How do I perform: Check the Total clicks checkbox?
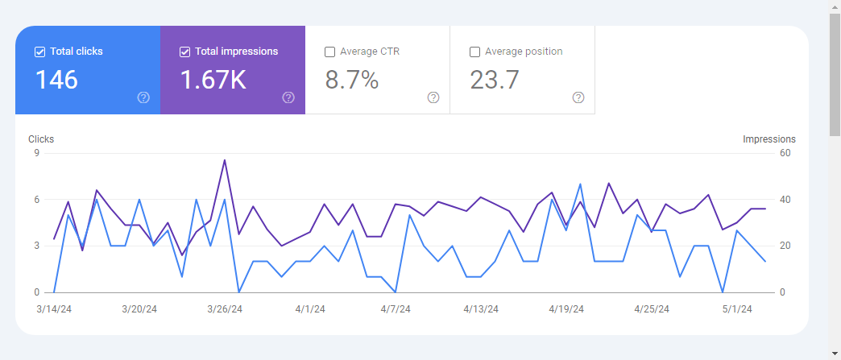point(39,52)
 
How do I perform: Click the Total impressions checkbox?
point(184,52)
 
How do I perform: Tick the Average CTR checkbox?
point(329,52)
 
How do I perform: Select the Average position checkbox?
point(474,52)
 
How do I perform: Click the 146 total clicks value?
point(56,80)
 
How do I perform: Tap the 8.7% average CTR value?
point(352,80)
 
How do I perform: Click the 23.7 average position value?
point(495,80)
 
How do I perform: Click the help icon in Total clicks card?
point(143,97)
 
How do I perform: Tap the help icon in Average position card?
point(578,97)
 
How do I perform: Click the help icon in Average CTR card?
point(433,97)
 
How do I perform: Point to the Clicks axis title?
point(41,139)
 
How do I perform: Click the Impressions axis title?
point(768,139)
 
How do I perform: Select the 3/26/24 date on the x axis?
point(225,308)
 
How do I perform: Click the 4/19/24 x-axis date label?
point(566,308)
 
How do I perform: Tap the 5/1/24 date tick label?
point(736,308)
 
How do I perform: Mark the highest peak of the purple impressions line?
point(224,159)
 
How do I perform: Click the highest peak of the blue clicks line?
point(580,184)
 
